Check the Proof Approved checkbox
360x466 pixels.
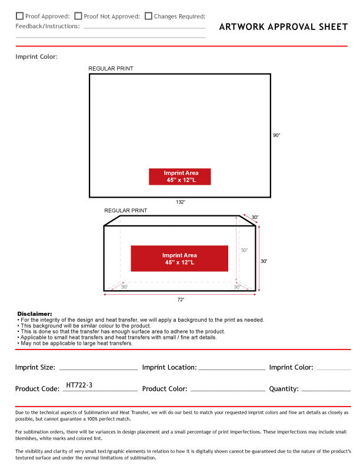[20, 16]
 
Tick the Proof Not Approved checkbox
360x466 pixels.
[78, 16]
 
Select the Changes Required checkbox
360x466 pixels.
[148, 16]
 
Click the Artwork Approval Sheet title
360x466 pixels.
[283, 26]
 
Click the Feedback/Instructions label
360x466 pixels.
[48, 26]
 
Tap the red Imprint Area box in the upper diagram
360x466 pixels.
[179, 177]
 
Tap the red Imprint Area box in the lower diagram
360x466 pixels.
[179, 259]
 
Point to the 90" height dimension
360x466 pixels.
[276, 135]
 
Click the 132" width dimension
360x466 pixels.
[181, 202]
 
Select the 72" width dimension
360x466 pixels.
[181, 299]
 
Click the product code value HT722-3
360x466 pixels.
[79, 385]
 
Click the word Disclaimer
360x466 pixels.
[35, 314]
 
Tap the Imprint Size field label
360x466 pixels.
[35, 367]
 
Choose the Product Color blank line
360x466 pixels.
[228, 390]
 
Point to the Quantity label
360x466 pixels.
[284, 388]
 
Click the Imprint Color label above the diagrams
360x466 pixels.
[36, 56]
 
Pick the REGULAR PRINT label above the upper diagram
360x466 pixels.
[111, 69]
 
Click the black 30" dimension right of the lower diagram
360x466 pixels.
[264, 261]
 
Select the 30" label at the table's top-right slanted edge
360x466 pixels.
[255, 218]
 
